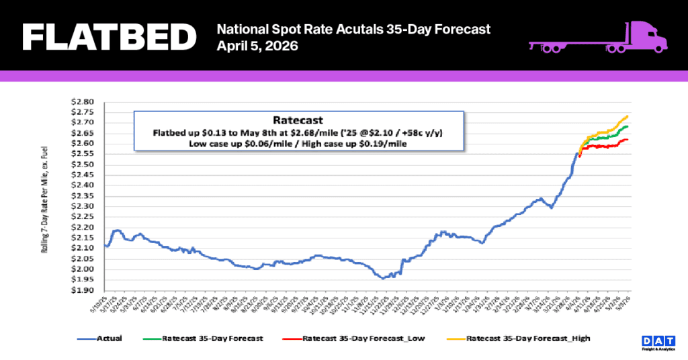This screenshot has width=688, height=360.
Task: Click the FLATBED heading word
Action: (x=108, y=38)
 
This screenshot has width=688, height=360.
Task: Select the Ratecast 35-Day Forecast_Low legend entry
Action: (x=363, y=338)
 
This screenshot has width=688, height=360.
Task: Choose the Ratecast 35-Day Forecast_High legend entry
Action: (x=527, y=338)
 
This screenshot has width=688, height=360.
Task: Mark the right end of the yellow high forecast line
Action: (x=627, y=116)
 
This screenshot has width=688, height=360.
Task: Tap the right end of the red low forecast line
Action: (x=627, y=140)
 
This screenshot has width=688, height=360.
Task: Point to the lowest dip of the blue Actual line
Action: (x=382, y=278)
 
